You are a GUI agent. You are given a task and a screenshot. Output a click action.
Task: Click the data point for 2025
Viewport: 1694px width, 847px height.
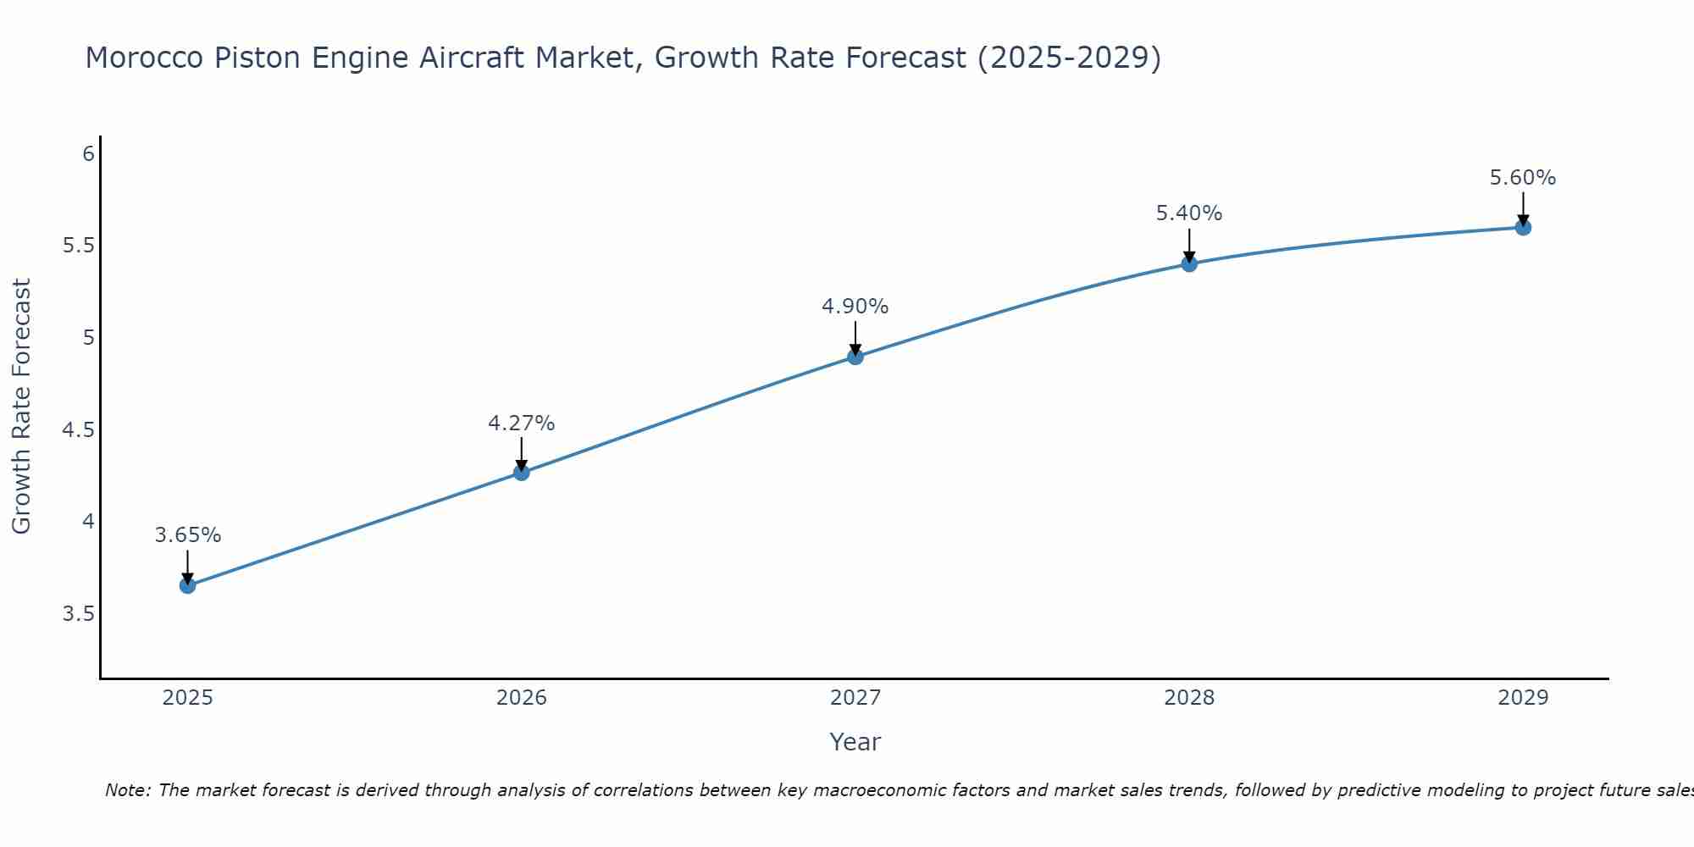188,585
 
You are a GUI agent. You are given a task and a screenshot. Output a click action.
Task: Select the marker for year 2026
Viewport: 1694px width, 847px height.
522,472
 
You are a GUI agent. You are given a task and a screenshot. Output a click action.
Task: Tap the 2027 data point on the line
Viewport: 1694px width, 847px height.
855,357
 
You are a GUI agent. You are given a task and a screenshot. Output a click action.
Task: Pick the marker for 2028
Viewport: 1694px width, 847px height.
1189,263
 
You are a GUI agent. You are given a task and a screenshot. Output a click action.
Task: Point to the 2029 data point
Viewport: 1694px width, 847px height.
1523,227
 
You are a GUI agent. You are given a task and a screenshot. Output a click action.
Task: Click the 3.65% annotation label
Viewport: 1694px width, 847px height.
188,535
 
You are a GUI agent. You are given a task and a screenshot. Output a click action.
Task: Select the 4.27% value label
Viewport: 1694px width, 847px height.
522,423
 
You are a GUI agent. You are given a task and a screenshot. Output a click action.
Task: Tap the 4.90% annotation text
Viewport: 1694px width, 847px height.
855,307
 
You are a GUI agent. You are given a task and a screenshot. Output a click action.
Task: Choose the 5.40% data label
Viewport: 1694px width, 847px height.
1189,213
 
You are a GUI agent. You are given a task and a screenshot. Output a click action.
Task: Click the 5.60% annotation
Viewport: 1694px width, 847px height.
1523,178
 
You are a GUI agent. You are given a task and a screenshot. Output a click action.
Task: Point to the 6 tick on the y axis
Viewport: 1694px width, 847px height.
88,154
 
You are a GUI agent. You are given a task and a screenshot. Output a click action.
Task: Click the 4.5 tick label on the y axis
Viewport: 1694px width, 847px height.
78,430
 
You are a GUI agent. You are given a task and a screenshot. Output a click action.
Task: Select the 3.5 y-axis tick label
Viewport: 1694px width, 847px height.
78,614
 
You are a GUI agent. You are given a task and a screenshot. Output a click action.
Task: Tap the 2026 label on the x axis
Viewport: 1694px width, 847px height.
522,698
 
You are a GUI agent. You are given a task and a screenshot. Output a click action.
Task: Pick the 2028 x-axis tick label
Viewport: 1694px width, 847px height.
1189,698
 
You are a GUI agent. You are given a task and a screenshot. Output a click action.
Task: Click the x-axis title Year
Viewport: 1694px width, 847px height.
855,742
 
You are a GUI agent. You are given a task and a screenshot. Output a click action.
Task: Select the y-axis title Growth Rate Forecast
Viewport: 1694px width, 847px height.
22,406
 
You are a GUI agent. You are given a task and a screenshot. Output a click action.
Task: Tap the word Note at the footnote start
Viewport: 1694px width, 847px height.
127,790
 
